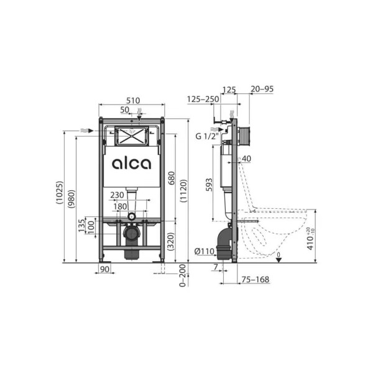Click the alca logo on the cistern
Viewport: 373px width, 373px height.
point(131,164)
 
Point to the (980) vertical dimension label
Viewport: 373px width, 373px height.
point(71,198)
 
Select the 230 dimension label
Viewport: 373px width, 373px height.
point(116,195)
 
